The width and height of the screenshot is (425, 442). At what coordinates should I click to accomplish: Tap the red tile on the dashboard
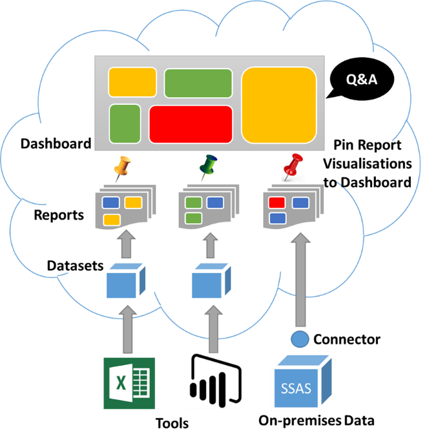click(x=191, y=124)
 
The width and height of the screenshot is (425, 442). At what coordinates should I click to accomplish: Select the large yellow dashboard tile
click(x=279, y=104)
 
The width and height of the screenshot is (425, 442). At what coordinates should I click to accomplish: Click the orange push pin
click(x=121, y=169)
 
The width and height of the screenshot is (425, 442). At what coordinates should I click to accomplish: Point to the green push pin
click(x=208, y=169)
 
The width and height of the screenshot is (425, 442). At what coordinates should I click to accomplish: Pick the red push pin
click(x=294, y=166)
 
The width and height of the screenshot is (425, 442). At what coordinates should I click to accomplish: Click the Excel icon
click(x=130, y=383)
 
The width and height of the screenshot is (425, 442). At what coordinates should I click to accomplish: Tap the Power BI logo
click(x=215, y=381)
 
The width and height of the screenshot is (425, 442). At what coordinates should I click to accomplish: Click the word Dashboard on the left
click(x=56, y=144)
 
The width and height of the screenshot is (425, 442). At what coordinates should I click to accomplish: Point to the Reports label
click(x=59, y=214)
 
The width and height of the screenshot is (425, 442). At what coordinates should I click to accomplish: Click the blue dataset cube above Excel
click(x=123, y=281)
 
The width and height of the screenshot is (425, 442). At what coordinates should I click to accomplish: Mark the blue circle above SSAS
click(x=299, y=338)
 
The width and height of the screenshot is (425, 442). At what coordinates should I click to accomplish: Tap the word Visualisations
click(x=367, y=164)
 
